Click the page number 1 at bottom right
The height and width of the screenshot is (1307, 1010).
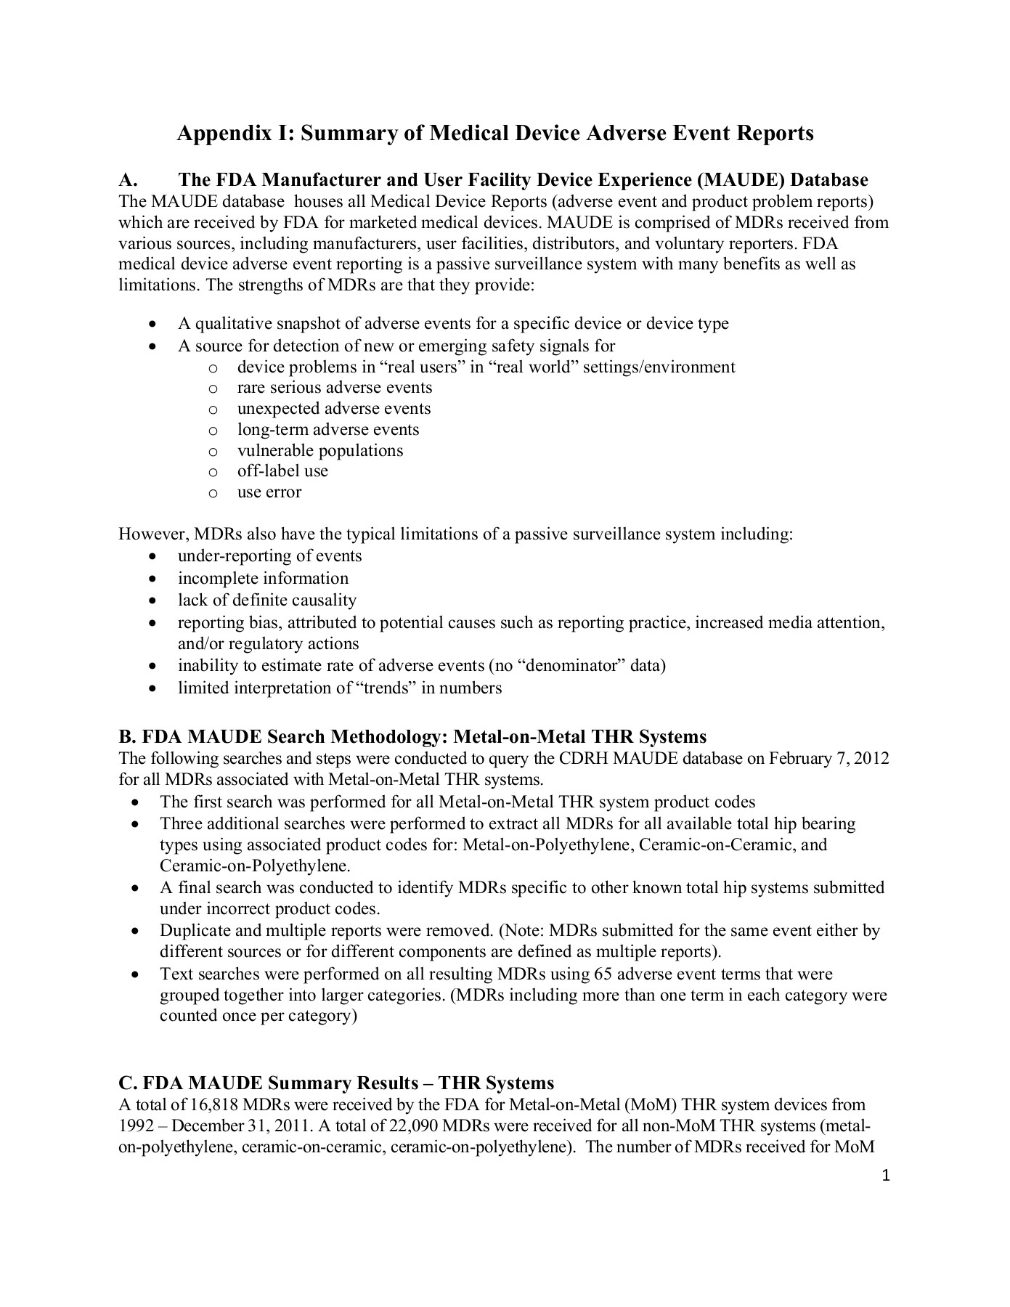(x=885, y=1176)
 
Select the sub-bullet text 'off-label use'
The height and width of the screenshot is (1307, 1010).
(x=282, y=471)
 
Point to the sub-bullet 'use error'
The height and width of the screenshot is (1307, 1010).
(x=269, y=492)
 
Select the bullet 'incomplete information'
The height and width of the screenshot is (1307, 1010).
(x=263, y=579)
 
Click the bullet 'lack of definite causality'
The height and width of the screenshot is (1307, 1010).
(x=267, y=600)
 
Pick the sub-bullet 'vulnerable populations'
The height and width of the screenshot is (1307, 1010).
(x=319, y=451)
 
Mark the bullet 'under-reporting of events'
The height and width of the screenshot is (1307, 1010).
(x=269, y=556)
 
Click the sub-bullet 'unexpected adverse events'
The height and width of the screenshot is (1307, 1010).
(x=334, y=409)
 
